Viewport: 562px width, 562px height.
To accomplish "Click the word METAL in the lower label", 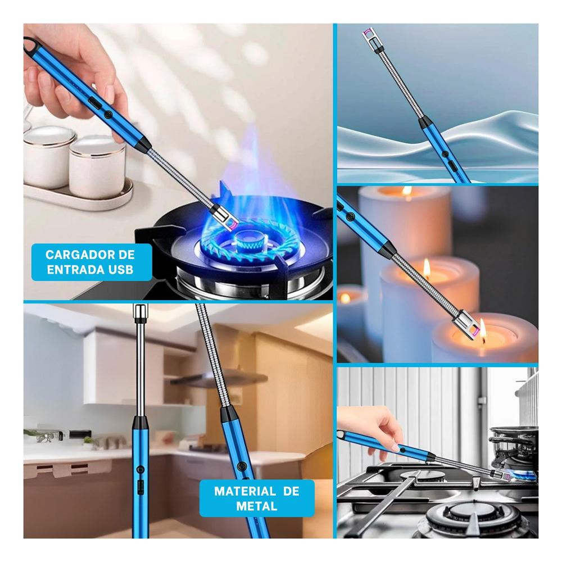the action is (x=257, y=506).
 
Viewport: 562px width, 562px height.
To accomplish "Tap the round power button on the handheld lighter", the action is (x=108, y=115).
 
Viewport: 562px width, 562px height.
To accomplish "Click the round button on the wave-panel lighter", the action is (x=445, y=154).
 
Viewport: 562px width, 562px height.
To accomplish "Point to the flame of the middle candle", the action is (x=427, y=267).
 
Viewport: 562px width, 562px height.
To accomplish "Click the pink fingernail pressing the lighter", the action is (x=395, y=447).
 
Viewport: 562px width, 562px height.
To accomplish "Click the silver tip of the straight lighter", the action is (x=140, y=311).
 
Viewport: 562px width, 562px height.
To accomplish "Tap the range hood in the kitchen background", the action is (x=219, y=378).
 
